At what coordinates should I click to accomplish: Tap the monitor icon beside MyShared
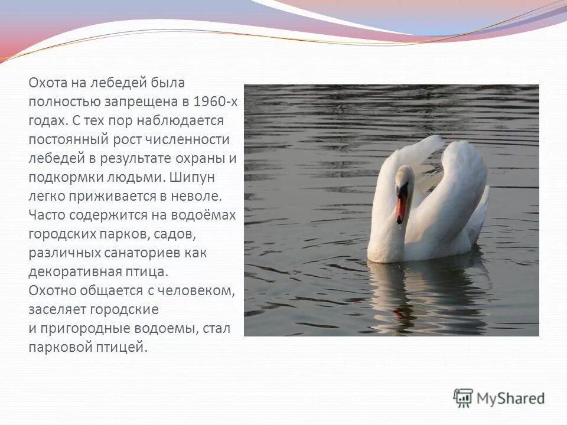463,397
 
